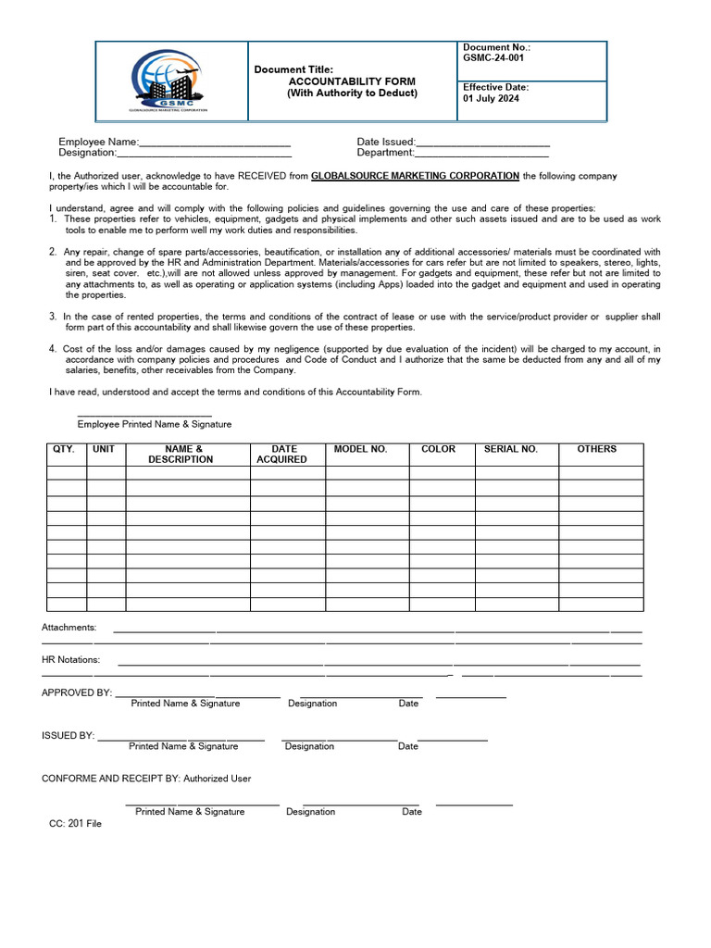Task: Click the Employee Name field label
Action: point(97,142)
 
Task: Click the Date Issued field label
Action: point(385,142)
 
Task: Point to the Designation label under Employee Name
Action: point(87,153)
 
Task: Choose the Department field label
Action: point(384,153)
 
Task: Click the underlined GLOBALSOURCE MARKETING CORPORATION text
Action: point(415,176)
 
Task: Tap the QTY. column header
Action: point(64,449)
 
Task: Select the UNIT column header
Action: point(104,449)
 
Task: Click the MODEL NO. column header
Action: point(360,449)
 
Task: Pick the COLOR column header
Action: point(438,449)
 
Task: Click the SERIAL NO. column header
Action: point(510,449)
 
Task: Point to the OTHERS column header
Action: point(596,449)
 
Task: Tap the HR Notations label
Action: point(71,660)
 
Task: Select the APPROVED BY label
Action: point(76,692)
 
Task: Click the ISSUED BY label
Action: point(68,735)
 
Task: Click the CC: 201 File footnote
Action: point(75,823)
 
